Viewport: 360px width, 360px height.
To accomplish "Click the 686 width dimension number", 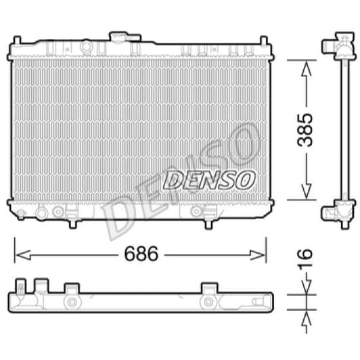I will (x=141, y=255).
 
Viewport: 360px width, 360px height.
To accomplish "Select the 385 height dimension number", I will (x=306, y=129).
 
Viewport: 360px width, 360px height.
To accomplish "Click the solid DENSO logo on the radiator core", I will (x=209, y=180).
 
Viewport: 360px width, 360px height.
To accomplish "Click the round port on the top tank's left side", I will (x=86, y=47).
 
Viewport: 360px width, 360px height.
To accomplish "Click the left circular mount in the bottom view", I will (x=71, y=302).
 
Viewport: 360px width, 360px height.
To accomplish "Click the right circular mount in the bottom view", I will (x=209, y=302).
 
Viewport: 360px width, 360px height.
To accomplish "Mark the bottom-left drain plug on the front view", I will (x=42, y=212).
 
